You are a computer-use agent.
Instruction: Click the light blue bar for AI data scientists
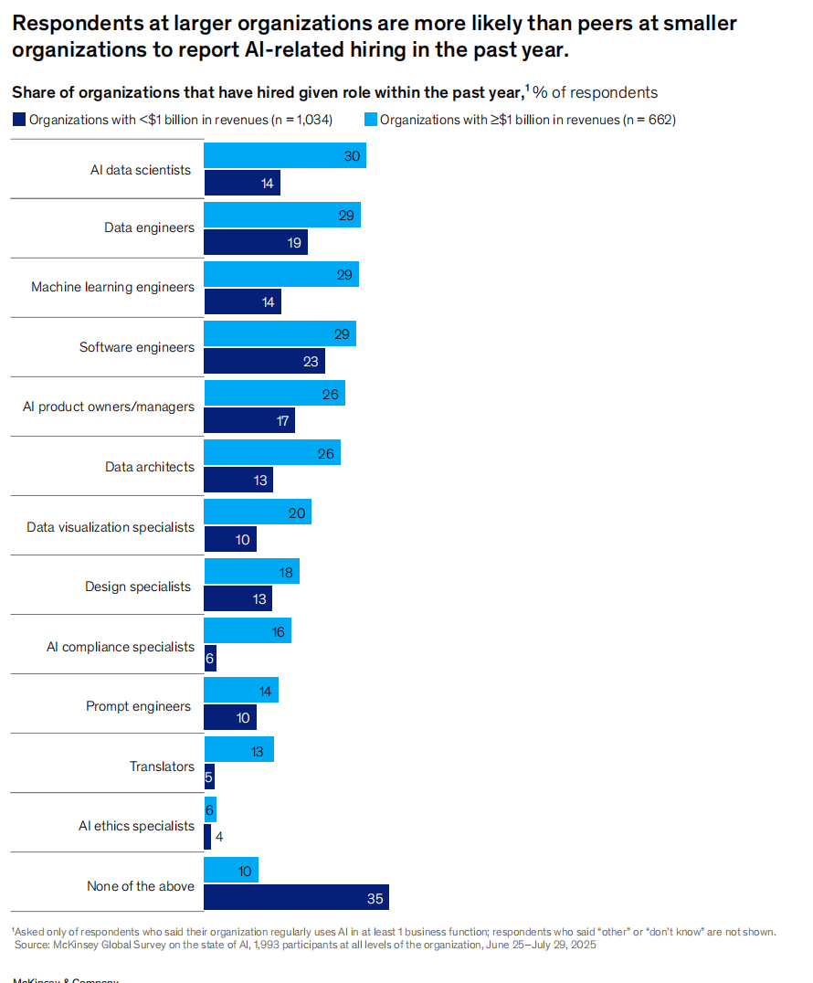pos(284,156)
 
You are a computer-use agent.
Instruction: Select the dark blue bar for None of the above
pos(296,898)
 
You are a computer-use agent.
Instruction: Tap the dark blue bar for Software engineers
pos(264,362)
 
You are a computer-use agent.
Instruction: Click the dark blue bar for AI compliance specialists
pos(210,659)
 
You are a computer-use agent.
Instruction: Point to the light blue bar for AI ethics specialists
pos(210,810)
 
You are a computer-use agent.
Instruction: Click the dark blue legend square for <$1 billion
pos(19,119)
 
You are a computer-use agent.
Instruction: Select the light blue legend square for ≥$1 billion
pos(371,119)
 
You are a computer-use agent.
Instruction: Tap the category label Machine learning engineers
pos(112,287)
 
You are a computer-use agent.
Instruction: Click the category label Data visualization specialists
pos(111,527)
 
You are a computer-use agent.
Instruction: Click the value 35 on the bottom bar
pos(375,898)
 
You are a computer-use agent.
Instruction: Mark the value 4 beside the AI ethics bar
pos(219,836)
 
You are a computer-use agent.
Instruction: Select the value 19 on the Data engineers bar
pos(295,242)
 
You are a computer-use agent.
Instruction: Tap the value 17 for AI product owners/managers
pos(282,421)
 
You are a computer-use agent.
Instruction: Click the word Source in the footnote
pos(34,945)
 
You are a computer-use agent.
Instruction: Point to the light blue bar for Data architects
pos(271,452)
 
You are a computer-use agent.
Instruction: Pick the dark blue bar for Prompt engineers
pos(230,718)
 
